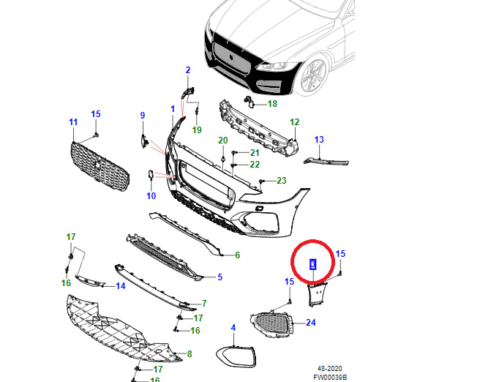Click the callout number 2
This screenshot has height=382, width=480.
click(187, 70)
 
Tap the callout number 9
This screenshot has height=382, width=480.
click(143, 116)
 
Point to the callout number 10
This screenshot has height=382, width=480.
click(151, 195)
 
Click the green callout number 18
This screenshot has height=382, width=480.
click(272, 104)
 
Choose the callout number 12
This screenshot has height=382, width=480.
click(294, 121)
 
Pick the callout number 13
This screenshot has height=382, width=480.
click(318, 139)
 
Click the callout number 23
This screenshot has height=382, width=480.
click(281, 181)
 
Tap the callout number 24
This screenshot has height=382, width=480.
click(310, 322)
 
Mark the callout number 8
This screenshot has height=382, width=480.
click(189, 354)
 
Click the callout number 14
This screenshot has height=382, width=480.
click(121, 285)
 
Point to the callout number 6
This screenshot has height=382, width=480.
click(237, 255)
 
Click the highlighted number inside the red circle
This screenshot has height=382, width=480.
click(312, 264)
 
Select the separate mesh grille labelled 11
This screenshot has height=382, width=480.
click(100, 167)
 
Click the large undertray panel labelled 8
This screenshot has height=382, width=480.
click(117, 329)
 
